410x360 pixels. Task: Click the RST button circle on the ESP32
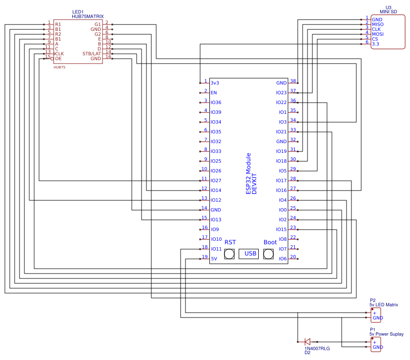(229, 254)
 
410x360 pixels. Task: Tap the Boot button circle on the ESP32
(268, 254)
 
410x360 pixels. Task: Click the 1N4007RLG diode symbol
(307, 341)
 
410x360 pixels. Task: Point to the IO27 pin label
(216, 181)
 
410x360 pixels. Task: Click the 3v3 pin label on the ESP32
(215, 83)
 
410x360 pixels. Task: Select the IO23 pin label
(281, 93)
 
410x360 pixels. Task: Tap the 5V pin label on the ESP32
(214, 259)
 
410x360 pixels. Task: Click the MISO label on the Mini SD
(378, 24)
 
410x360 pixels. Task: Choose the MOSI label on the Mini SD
(378, 34)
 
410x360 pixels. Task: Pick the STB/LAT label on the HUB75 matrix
(92, 54)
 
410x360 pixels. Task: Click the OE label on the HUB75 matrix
(58, 59)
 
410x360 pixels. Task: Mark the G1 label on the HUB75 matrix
(98, 24)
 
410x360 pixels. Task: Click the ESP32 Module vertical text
(248, 174)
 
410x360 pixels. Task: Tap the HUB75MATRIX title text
(88, 17)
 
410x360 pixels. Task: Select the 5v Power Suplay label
(387, 334)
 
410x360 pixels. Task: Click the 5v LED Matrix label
(384, 305)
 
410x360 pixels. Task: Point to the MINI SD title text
(389, 12)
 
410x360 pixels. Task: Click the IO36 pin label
(216, 103)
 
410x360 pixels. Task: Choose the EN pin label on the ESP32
(214, 93)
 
